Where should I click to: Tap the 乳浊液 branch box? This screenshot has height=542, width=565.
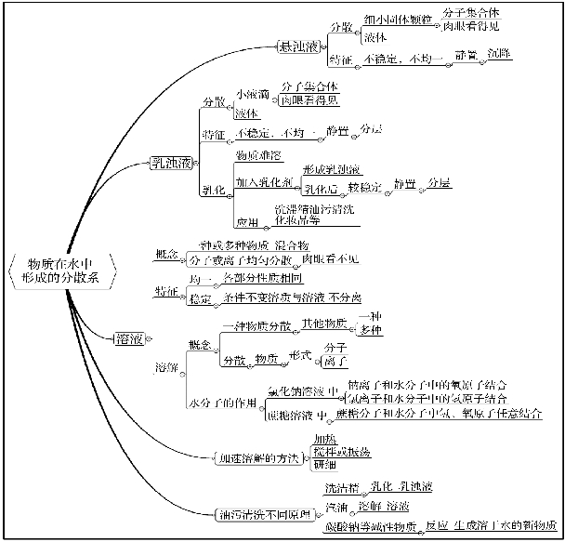pyautogui.click(x=172, y=165)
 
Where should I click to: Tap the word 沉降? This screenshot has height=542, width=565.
pyautogui.click(x=499, y=56)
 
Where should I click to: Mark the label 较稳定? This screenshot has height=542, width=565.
pyautogui.click(x=365, y=188)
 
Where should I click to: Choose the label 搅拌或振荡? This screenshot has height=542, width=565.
pyautogui.click(x=342, y=451)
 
